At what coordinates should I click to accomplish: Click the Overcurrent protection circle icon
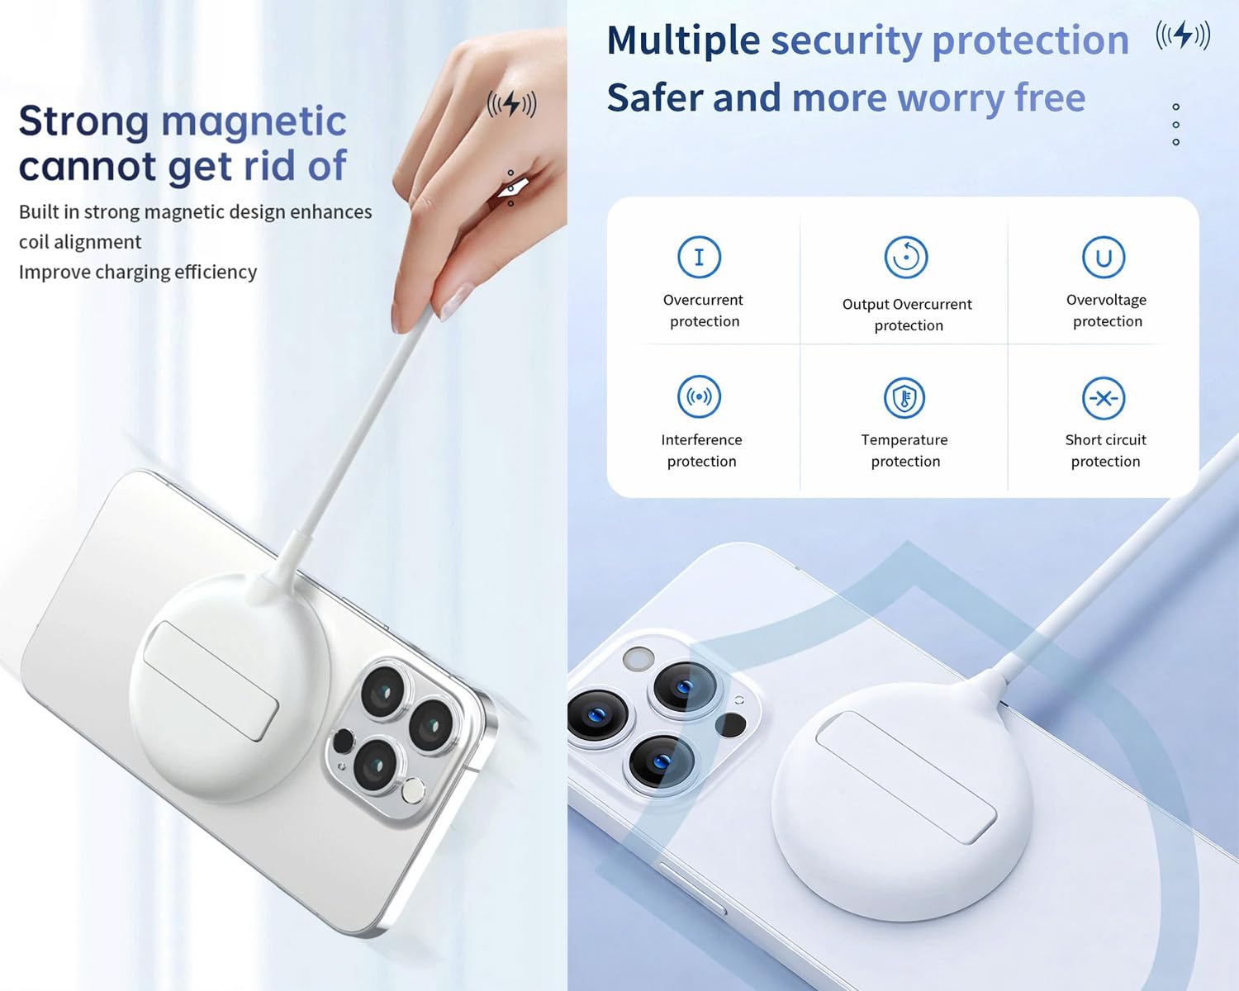(699, 257)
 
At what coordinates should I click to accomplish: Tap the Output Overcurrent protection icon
(905, 257)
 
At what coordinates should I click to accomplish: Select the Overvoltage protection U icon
(1104, 257)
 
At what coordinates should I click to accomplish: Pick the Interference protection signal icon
(699, 396)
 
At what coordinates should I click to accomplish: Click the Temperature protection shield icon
(904, 398)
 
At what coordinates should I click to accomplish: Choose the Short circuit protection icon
(1104, 398)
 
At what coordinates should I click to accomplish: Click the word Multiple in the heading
(683, 41)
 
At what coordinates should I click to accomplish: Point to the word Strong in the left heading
(84, 123)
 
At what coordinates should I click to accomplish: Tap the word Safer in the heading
(655, 97)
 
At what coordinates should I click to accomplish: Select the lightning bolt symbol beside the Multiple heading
(1183, 35)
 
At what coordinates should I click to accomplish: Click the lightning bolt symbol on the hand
(512, 104)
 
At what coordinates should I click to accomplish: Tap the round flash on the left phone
(413, 790)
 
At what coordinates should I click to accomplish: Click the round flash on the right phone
(638, 659)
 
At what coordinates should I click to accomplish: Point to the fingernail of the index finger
(455, 301)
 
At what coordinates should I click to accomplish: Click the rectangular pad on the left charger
(211, 680)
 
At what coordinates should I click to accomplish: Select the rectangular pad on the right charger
(906, 778)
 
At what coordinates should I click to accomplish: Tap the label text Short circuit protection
(1105, 450)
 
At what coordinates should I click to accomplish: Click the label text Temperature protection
(904, 450)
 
